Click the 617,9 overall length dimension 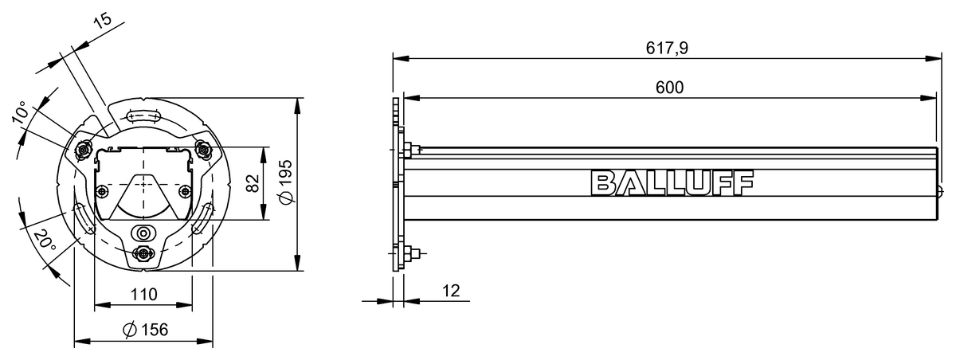tap(667, 49)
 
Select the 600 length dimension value tap(669, 88)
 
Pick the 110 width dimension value tap(143, 294)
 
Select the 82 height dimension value tap(252, 184)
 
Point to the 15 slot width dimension tap(101, 22)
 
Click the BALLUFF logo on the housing tap(671, 182)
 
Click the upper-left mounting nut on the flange tap(82, 150)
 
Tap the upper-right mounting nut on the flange tap(204, 149)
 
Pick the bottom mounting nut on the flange tap(143, 253)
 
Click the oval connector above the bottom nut tap(143, 233)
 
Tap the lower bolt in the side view tap(409, 255)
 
